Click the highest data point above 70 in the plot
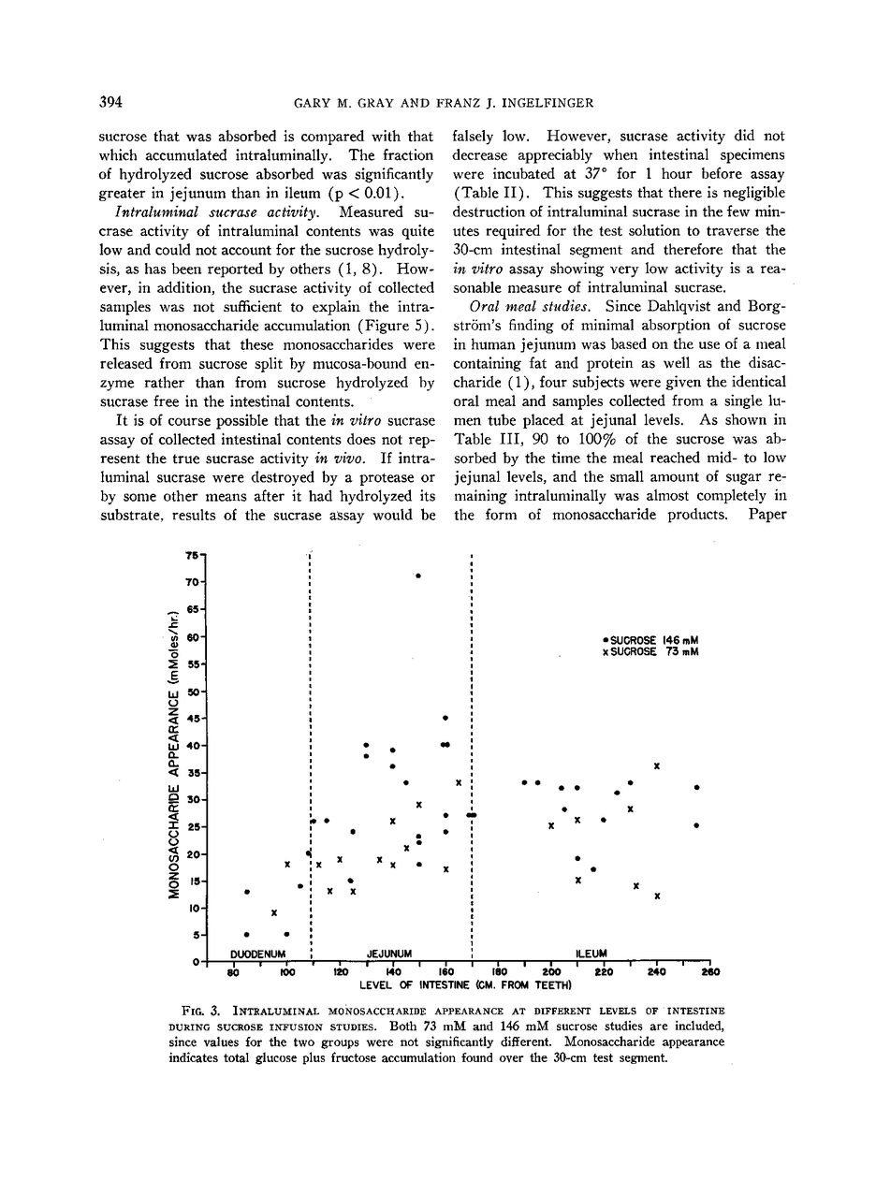click(x=418, y=575)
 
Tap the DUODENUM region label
click(x=257, y=954)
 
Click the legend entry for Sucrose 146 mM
click(x=651, y=640)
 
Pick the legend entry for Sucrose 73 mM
click(x=651, y=651)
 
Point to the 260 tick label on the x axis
click(x=709, y=972)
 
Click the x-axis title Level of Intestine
click(x=465, y=984)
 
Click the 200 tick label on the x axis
click(x=549, y=972)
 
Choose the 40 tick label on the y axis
click(x=192, y=746)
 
